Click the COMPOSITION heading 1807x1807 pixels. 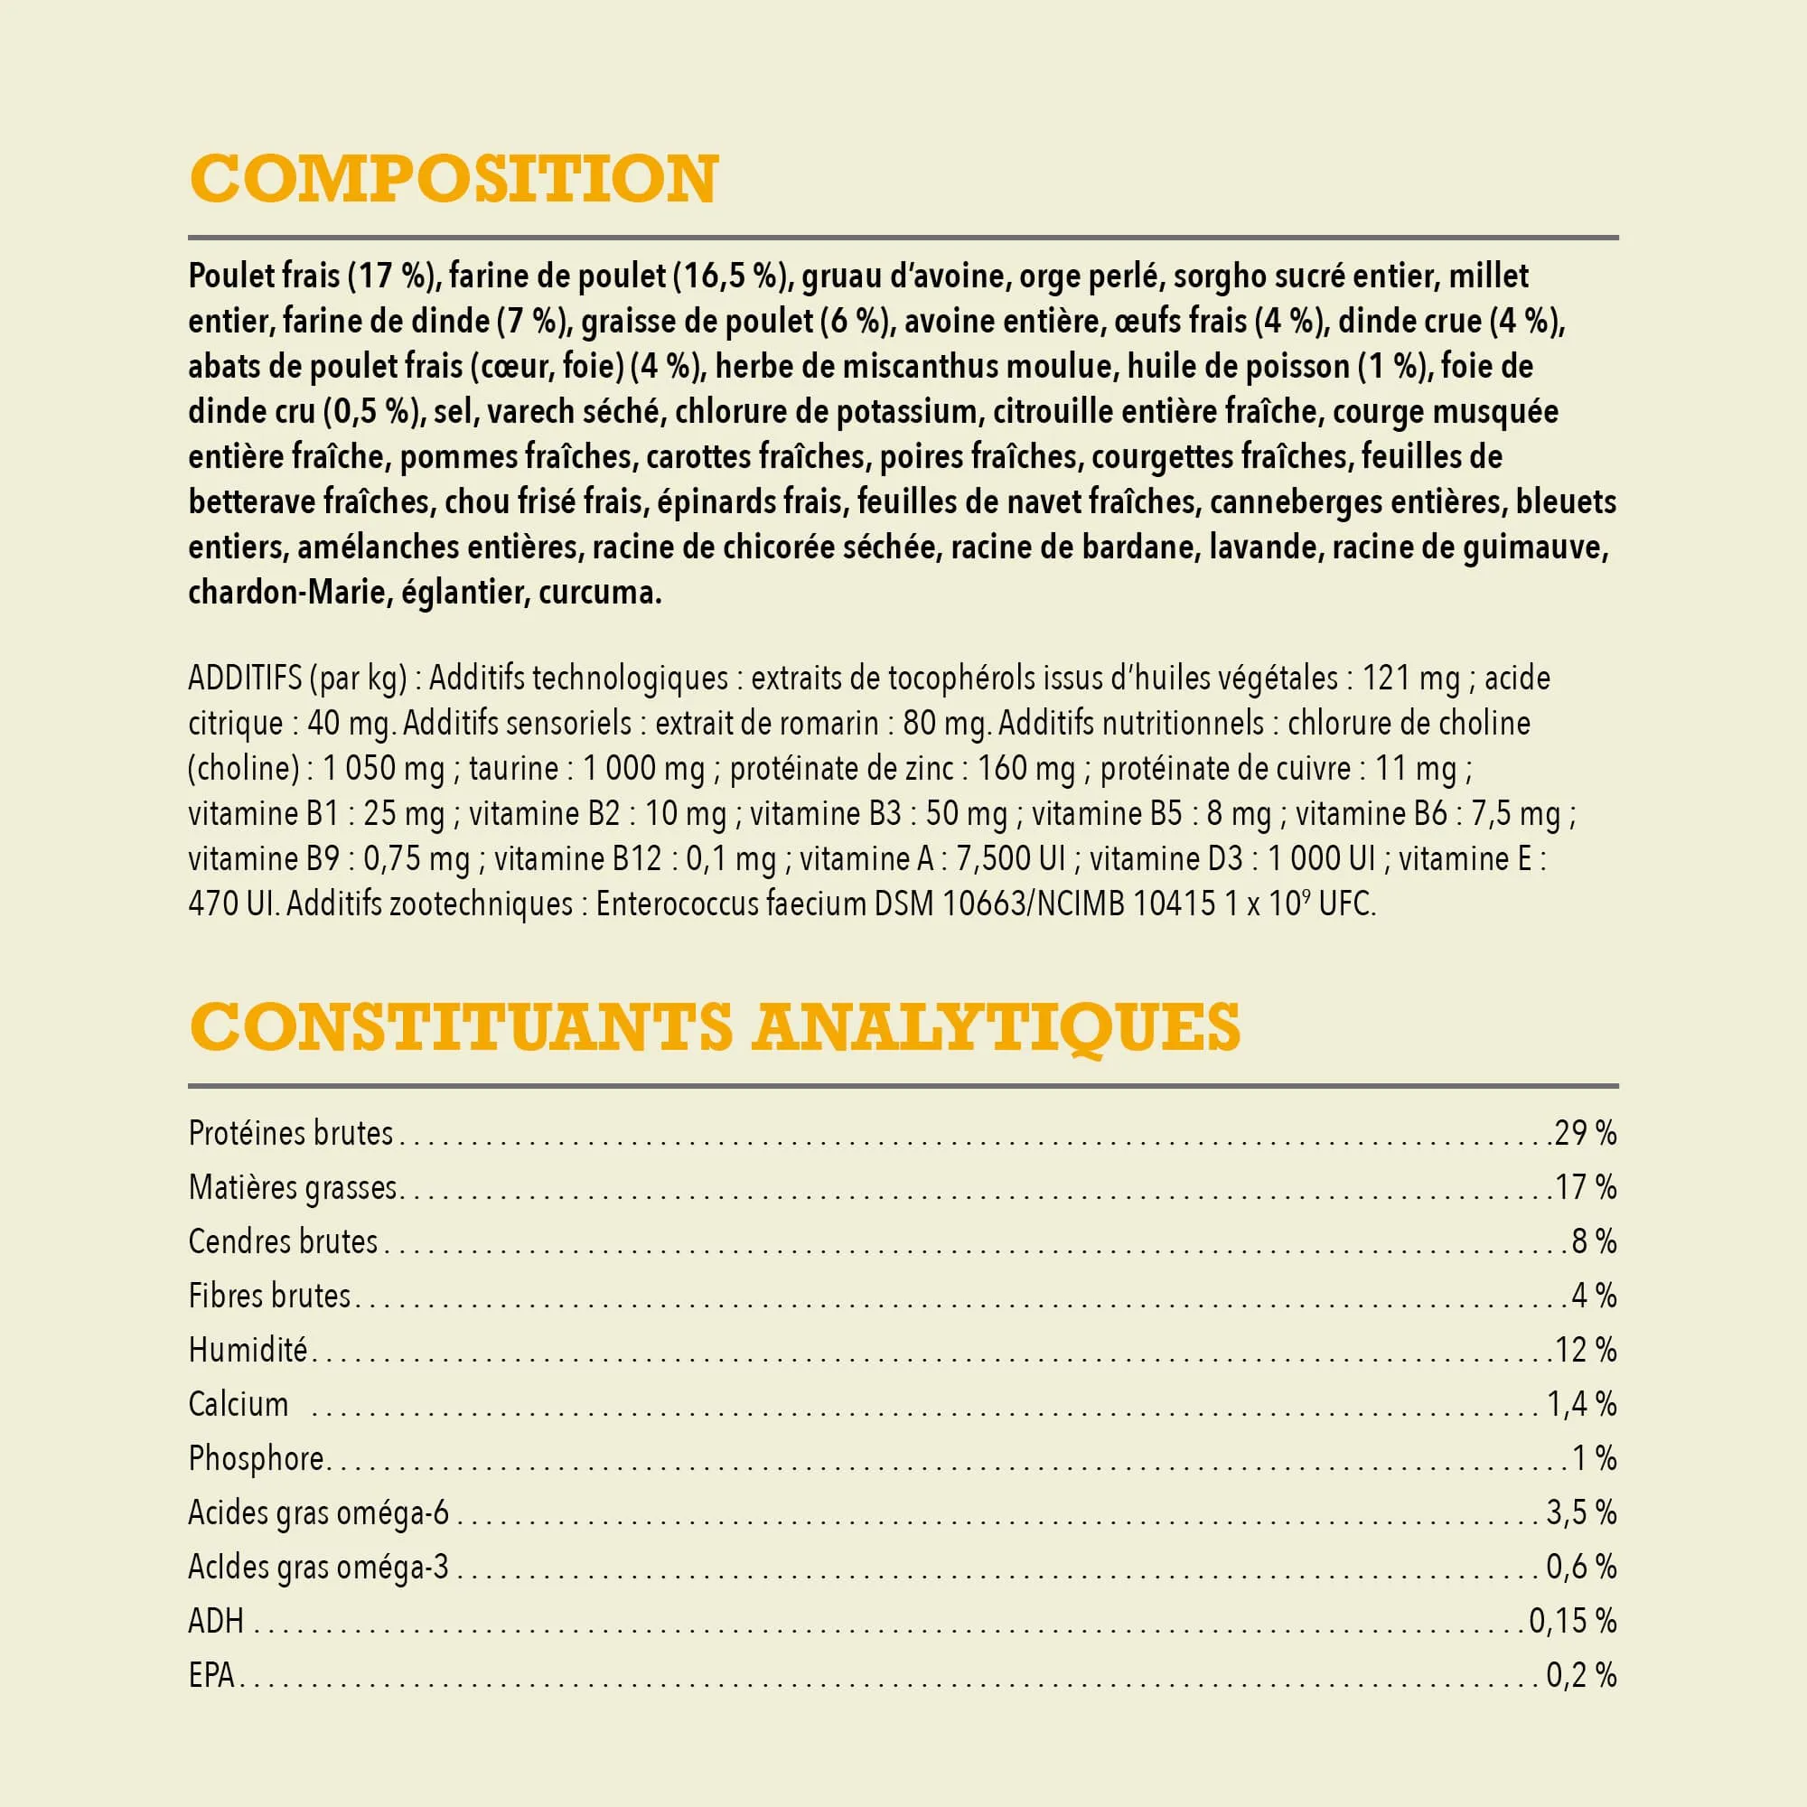coord(454,179)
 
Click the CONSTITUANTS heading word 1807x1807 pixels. coord(460,1027)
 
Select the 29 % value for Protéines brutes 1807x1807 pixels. coord(1585,1134)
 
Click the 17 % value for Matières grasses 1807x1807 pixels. coord(1586,1188)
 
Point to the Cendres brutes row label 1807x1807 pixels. coord(283,1242)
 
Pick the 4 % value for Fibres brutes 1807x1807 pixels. coord(1594,1297)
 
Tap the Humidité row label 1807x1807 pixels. coord(248,1351)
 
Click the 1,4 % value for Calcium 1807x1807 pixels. coord(1580,1405)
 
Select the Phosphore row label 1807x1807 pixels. coord(257,1459)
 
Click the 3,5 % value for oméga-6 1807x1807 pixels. coord(1580,1513)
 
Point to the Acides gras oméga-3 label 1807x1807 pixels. coord(318,1568)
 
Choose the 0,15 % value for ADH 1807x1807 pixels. coord(1572,1622)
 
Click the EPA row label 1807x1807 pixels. coord(211,1676)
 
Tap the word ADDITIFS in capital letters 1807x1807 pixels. coord(245,679)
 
